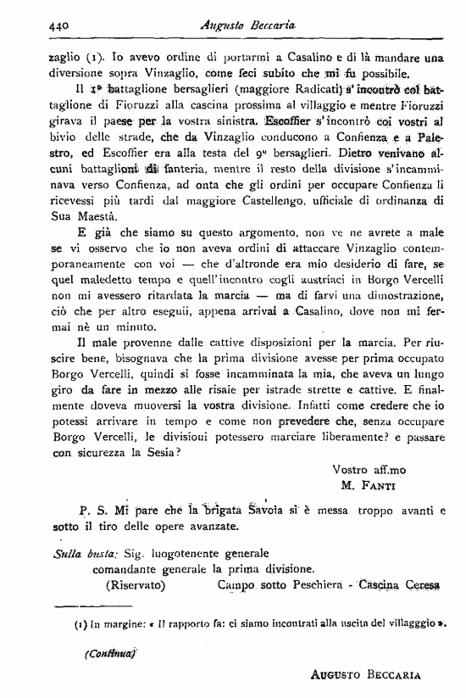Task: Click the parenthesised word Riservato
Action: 136,584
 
